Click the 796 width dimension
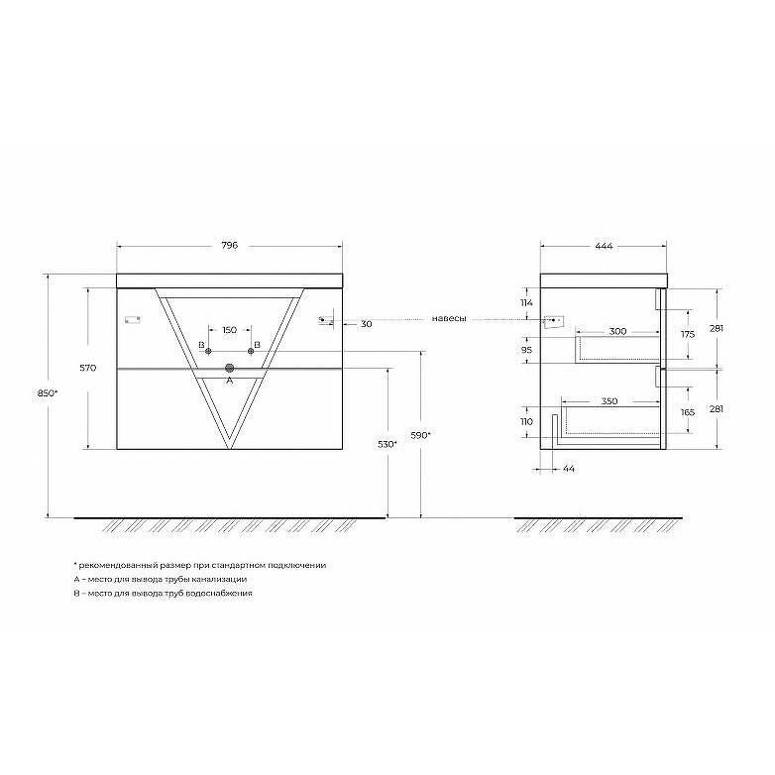229,246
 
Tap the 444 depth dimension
604,246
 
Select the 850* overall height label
48,393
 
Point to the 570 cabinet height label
87,368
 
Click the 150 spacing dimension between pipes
229,330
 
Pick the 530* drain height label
387,444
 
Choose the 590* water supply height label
420,435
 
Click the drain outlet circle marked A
229,368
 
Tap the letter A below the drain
229,381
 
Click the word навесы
449,319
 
